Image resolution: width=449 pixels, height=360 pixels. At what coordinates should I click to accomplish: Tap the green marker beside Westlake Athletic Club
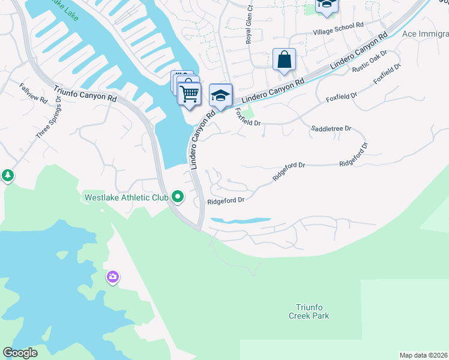pyautogui.click(x=178, y=196)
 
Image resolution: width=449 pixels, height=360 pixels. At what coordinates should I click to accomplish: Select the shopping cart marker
pyautogui.click(x=190, y=94)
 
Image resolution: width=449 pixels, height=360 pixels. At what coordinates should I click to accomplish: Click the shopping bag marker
pyautogui.click(x=284, y=60)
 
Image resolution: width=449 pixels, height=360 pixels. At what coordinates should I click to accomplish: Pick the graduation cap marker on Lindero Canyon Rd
pyautogui.click(x=221, y=95)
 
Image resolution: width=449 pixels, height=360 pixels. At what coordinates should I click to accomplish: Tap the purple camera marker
pyautogui.click(x=112, y=277)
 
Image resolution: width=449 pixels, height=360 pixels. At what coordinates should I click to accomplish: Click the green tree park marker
pyautogui.click(x=7, y=176)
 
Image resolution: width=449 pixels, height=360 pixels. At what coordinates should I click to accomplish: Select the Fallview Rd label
pyautogui.click(x=33, y=93)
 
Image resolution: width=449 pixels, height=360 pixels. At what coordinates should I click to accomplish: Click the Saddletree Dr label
pyautogui.click(x=331, y=129)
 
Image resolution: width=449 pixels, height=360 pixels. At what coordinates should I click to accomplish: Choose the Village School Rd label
pyautogui.click(x=339, y=26)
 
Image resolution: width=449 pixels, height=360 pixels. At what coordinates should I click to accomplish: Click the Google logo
pyautogui.click(x=20, y=353)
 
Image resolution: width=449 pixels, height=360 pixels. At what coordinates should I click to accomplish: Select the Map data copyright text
pyautogui.click(x=423, y=355)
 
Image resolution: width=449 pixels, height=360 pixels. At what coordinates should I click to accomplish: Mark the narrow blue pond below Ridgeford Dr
pyautogui.click(x=240, y=221)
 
